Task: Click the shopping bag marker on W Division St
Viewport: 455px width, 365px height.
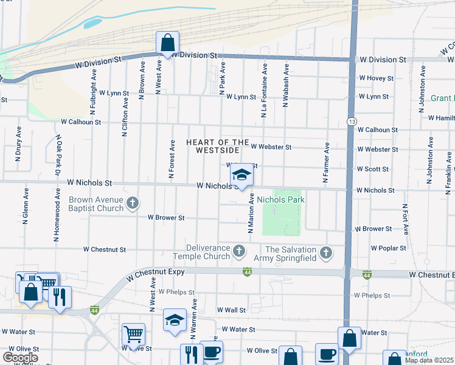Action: pos(167,43)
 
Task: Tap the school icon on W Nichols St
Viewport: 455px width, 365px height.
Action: pos(241,175)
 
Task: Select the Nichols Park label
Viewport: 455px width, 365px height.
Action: pos(280,200)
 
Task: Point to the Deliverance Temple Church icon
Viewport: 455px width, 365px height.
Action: pos(240,250)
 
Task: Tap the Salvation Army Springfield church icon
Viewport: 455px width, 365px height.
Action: pos(326,252)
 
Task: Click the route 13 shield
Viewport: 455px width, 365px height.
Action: pos(352,122)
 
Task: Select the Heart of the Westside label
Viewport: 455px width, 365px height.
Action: pos(218,146)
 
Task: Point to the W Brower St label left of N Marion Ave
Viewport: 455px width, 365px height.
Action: pos(166,217)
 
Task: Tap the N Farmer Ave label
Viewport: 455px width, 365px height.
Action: pos(327,162)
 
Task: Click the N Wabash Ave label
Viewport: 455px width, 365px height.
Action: pos(285,85)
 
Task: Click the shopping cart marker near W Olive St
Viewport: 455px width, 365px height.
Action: pos(134,334)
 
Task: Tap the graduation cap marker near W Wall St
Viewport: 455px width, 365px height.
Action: pos(175,320)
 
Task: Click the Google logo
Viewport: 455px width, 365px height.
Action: pos(20,358)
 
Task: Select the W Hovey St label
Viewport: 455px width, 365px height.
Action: pos(376,78)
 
